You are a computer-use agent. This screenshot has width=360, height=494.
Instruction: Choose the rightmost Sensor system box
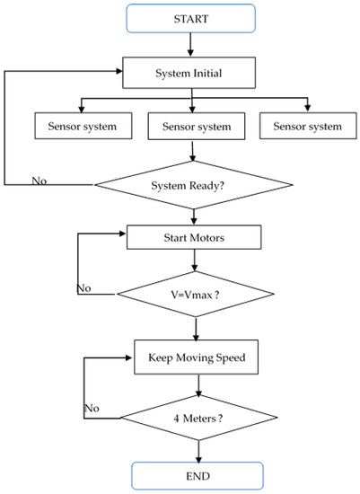pos(302,126)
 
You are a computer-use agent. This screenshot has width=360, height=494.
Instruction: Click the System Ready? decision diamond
pos(194,185)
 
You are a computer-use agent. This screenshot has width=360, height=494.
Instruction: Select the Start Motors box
pos(194,237)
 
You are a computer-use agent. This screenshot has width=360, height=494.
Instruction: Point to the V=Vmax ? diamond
pos(194,294)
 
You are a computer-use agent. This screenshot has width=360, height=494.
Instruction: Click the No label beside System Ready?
pos(40,181)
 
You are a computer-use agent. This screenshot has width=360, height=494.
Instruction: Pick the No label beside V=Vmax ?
pos(83,288)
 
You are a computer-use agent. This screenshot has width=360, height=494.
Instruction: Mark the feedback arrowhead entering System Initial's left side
pos(119,71)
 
